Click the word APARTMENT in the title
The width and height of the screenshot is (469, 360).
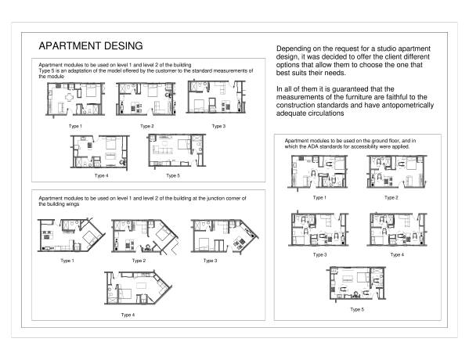(x=70, y=46)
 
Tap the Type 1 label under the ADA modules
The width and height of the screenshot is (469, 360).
(x=319, y=197)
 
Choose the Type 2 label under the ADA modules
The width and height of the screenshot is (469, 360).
(x=391, y=197)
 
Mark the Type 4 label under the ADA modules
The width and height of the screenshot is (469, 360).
(x=397, y=254)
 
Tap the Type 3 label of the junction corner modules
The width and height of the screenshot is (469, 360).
(x=211, y=260)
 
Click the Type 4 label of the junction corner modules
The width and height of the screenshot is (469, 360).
(x=128, y=315)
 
